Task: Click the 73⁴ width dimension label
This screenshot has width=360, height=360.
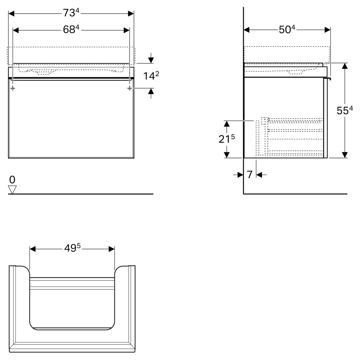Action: click(x=71, y=13)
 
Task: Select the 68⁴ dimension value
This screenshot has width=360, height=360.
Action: click(x=71, y=30)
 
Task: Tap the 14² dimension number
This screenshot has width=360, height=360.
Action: click(x=151, y=76)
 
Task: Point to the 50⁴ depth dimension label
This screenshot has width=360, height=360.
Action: click(x=287, y=30)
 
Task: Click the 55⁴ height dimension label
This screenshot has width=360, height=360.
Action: click(x=345, y=111)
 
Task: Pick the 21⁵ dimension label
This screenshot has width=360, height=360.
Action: click(x=226, y=139)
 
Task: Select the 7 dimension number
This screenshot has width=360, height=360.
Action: click(x=249, y=175)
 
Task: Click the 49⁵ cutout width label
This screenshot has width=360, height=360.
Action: click(x=72, y=248)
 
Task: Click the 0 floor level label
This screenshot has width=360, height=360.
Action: click(x=12, y=180)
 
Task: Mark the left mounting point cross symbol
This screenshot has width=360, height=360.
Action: click(x=13, y=88)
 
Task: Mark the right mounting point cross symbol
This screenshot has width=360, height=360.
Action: click(x=130, y=88)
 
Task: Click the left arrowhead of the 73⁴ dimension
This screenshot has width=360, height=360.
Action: click(x=11, y=14)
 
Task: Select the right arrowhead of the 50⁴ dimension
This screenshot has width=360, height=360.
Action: click(x=328, y=30)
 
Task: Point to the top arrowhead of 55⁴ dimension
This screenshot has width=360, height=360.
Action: click(x=345, y=66)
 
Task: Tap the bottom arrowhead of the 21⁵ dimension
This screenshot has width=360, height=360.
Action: click(x=226, y=155)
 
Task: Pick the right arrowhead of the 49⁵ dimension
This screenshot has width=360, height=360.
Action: click(x=112, y=249)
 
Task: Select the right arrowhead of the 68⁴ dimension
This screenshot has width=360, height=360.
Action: click(x=126, y=30)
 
